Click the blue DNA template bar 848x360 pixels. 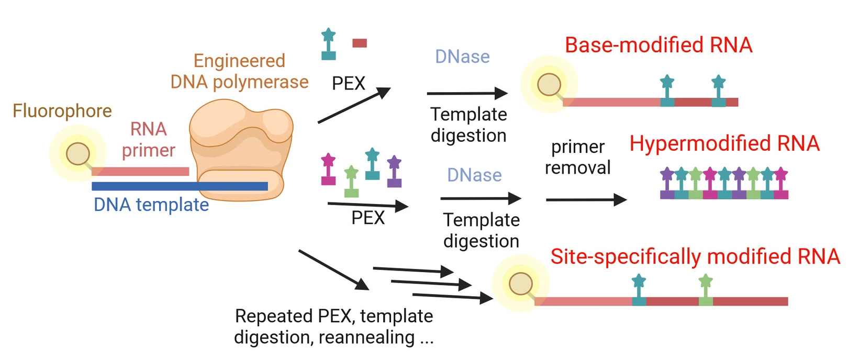coord(180,186)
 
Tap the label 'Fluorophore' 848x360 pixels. coord(62,111)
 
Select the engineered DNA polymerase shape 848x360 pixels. coord(241,150)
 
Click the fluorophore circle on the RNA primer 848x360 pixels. coord(77,154)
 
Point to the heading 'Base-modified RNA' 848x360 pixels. coord(659,45)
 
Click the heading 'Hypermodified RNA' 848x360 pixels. coord(724,143)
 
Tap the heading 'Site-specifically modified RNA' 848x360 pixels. coord(695,256)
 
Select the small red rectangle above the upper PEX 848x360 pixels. coord(359,43)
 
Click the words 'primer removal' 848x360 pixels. coord(578,157)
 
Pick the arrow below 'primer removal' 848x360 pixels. coord(586,199)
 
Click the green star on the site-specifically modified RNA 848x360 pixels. coord(706,289)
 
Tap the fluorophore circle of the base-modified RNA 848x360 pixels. coord(549,84)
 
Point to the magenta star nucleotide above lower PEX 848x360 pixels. coord(328,169)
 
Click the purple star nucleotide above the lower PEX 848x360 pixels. coord(394,171)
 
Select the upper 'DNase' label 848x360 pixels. coord(462,57)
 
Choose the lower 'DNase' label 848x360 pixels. coord(474,175)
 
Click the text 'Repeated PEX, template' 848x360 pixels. coord(334,316)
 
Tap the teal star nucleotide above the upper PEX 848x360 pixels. coord(328,44)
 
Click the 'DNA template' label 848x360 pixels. coord(151,205)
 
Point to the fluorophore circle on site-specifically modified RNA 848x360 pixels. coord(520,284)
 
